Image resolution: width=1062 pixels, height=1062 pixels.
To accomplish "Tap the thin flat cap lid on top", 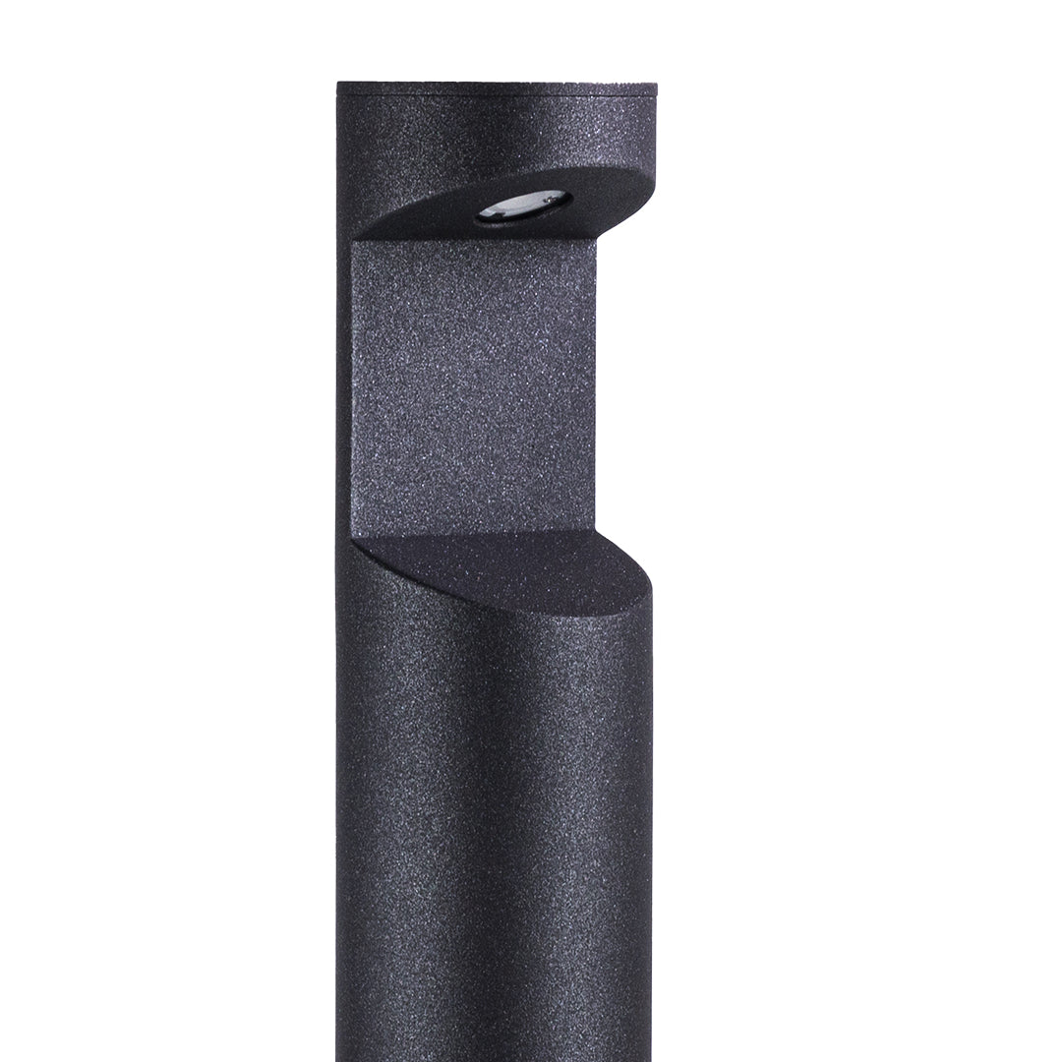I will pyautogui.click(x=497, y=88).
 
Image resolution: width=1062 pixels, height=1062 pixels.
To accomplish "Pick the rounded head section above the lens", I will pyautogui.click(x=497, y=138).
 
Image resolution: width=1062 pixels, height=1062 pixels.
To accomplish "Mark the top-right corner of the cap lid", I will pyautogui.click(x=656, y=85).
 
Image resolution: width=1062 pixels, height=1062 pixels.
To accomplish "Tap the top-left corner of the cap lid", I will pyautogui.click(x=338, y=85).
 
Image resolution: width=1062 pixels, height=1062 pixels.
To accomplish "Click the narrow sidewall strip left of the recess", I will pyautogui.click(x=344, y=393).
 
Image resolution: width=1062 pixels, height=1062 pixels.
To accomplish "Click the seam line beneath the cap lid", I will pyautogui.click(x=497, y=96).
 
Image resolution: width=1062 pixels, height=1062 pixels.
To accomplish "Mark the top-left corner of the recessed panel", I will pyautogui.click(x=353, y=242).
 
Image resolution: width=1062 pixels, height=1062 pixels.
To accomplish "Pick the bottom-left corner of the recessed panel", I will pyautogui.click(x=353, y=539).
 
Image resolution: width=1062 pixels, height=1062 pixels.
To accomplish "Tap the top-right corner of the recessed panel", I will pyautogui.click(x=596, y=239).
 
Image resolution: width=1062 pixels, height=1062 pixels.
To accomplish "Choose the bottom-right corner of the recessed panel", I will pyautogui.click(x=596, y=531).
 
